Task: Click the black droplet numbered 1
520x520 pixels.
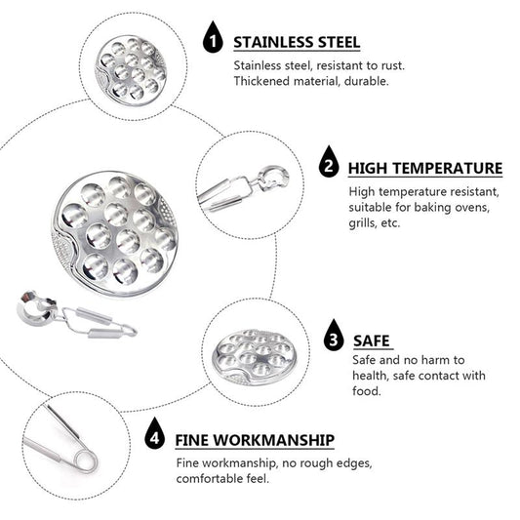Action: point(213,37)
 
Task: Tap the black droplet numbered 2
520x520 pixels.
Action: point(329,162)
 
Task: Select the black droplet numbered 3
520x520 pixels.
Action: point(334,336)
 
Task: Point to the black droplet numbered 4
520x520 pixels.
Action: point(154,433)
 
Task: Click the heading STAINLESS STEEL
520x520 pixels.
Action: point(297,43)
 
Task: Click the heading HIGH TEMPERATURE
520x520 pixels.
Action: point(425,168)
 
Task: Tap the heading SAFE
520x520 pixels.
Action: point(372,340)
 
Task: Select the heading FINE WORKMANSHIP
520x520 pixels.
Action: point(255,440)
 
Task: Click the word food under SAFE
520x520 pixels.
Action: point(367,391)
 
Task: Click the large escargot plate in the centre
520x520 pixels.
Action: point(115,233)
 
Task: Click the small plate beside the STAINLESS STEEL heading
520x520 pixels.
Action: point(131,69)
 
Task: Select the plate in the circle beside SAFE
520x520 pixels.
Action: point(254,357)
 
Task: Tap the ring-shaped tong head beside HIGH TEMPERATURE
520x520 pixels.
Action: point(273,180)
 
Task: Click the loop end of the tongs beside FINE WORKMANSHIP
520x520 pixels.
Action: point(86,460)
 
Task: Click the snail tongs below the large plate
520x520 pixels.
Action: point(77,314)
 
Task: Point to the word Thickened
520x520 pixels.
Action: point(261,81)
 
